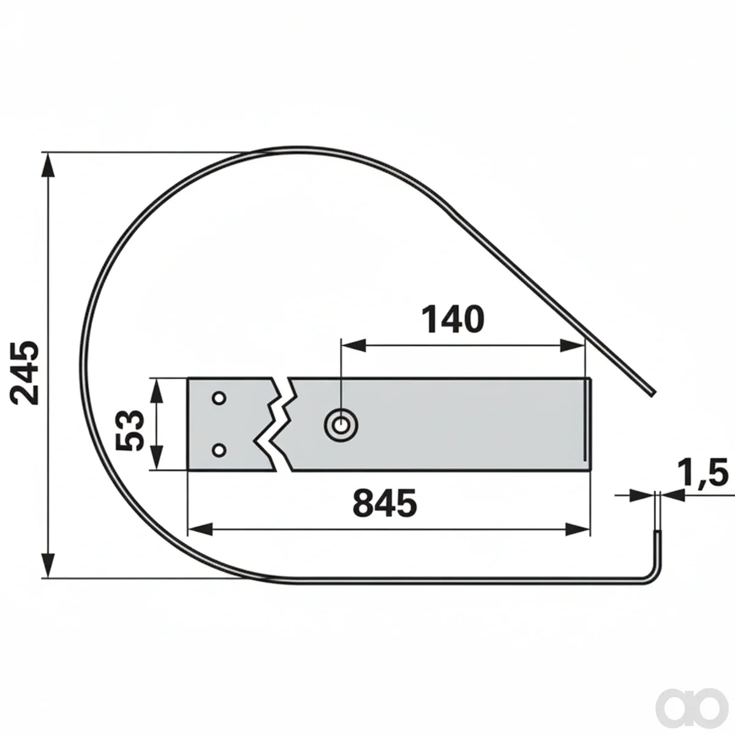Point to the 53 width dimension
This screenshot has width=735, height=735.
coord(130,430)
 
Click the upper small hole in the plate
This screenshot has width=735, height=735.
coord(219,399)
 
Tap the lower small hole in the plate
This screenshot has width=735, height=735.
coord(219,450)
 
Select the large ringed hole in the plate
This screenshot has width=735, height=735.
coord(341,425)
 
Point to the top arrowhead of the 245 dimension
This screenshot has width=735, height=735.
coord(48,165)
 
